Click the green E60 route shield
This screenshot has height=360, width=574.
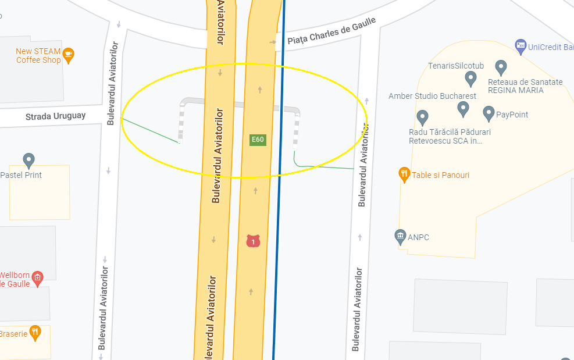[x=258, y=140]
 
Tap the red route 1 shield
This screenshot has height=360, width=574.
[x=252, y=241]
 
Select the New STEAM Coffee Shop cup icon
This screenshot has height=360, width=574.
[x=69, y=55]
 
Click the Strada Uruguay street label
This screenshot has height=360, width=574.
[x=55, y=116]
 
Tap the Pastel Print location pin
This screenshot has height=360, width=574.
[x=28, y=160]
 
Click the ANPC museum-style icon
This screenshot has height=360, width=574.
[x=400, y=236]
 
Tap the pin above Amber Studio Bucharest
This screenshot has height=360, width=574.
[x=471, y=79]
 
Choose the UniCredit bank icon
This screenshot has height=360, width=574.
[x=520, y=45]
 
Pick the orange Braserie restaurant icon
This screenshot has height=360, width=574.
[x=35, y=333]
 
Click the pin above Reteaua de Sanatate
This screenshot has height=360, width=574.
[x=501, y=67]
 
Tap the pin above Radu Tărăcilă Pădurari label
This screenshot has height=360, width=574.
[x=463, y=108]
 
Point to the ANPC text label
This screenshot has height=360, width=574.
[x=418, y=237]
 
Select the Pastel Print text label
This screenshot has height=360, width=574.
[x=21, y=175]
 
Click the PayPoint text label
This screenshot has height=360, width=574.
[x=512, y=115]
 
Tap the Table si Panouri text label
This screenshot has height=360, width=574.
[x=440, y=175]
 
